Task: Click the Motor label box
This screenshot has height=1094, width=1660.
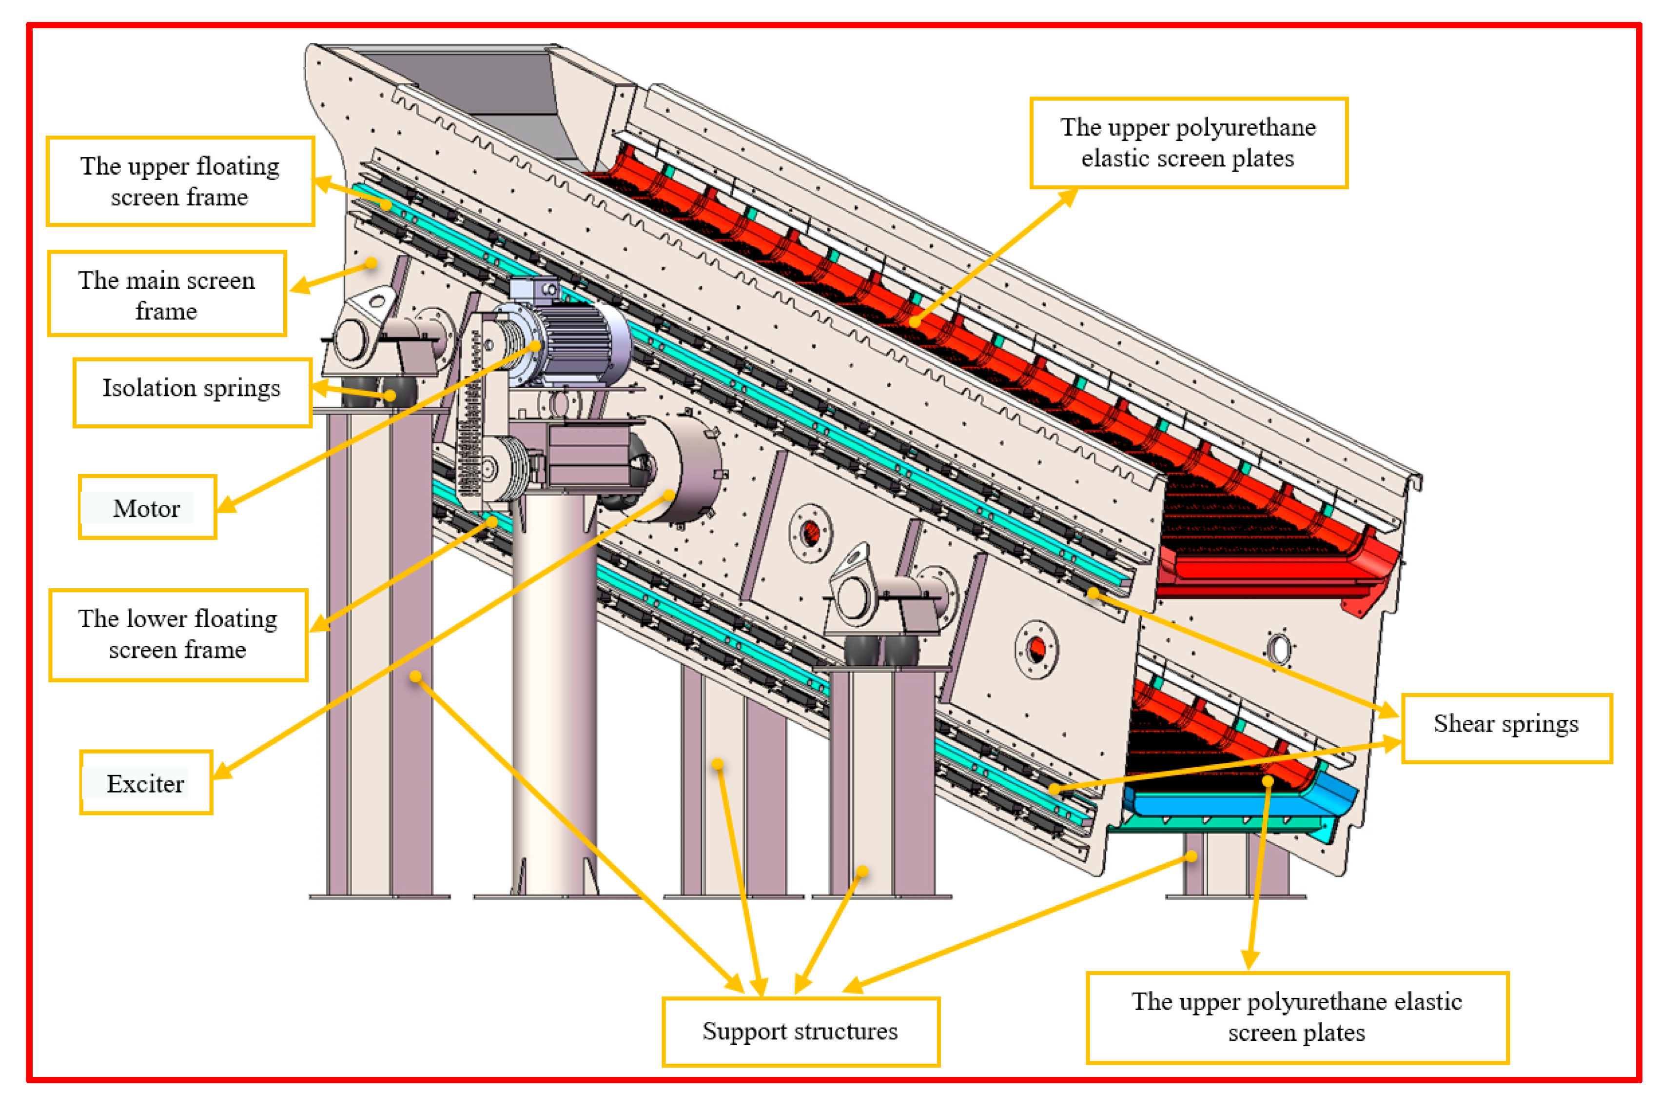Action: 147,508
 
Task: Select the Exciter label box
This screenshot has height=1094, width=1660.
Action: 146,783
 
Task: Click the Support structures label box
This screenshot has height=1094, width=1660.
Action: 800,1031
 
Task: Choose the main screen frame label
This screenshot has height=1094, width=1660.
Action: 167,294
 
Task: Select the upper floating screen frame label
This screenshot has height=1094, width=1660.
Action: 180,181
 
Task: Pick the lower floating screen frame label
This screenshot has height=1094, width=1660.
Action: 178,634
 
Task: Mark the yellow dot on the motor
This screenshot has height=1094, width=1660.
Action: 535,345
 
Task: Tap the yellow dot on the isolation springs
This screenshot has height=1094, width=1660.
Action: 390,396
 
